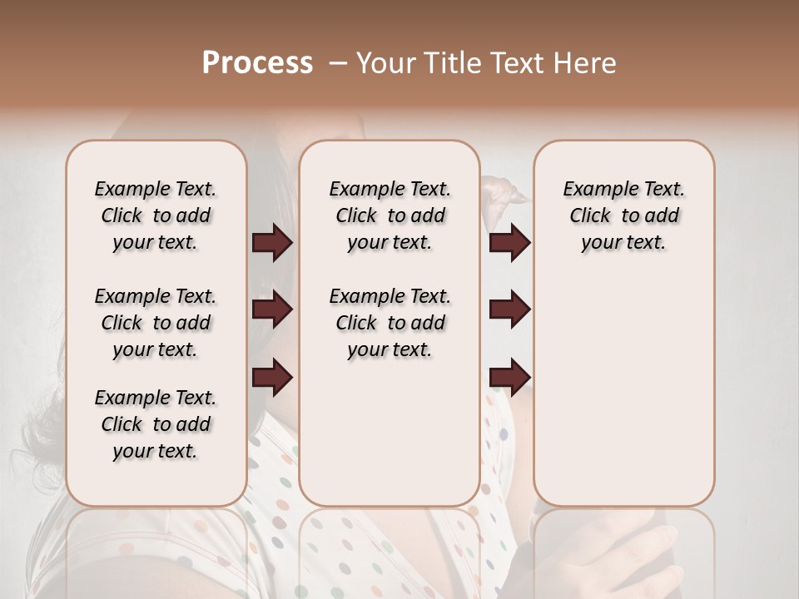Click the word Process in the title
pos(257,63)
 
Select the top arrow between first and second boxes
pos(272,243)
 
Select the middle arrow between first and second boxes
pos(272,310)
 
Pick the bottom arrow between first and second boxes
pos(272,377)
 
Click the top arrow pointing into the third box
pos(509,243)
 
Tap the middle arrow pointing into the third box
pos(509,310)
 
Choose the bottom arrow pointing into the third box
pos(509,377)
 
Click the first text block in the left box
pos(156,215)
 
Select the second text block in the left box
pos(156,323)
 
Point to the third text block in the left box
pos(156,424)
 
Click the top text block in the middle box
pos(390,215)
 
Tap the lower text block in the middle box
pos(390,323)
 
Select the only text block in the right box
pos(623,215)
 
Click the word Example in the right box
pos(594,190)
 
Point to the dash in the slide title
pos(338,63)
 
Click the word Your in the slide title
pos(382,63)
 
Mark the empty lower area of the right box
pos(623,391)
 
